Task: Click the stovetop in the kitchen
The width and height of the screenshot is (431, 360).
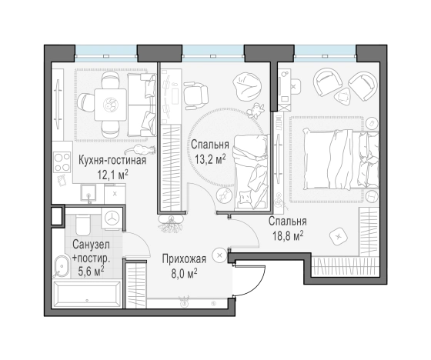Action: [62, 162]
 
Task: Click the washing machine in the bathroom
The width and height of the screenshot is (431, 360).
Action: [112, 218]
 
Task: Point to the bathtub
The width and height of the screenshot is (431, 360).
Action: [87, 295]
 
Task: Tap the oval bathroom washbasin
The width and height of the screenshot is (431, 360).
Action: [62, 267]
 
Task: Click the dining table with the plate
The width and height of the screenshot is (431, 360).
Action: [111, 105]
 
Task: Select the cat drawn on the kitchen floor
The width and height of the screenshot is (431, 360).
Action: [139, 149]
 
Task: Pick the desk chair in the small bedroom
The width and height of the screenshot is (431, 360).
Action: [195, 95]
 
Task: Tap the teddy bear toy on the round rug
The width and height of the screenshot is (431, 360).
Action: [256, 111]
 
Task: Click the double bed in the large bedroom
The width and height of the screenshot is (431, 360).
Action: [341, 159]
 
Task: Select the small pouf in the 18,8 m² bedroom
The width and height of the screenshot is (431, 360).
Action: [339, 236]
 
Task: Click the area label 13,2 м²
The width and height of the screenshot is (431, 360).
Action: [210, 158]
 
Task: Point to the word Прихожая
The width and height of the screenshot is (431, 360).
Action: [184, 259]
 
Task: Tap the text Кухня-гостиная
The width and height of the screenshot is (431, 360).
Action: [112, 160]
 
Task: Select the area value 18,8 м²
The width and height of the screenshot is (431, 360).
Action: [288, 235]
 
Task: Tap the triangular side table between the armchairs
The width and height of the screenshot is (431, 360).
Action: [342, 96]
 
